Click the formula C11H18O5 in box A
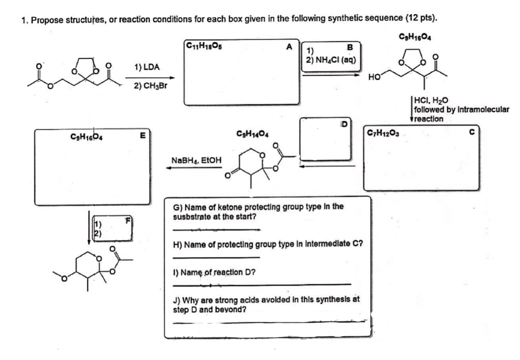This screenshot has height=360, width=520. [204, 45]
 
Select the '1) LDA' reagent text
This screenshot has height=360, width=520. [147, 67]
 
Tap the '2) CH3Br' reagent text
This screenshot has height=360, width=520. [150, 86]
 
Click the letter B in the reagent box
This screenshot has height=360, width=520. [350, 47]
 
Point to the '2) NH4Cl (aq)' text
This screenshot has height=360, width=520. [331, 60]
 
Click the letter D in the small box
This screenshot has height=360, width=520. [344, 124]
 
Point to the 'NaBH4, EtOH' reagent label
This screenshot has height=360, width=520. [196, 160]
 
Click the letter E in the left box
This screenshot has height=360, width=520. [142, 135]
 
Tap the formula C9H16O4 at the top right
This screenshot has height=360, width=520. [415, 36]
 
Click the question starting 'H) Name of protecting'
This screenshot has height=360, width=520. [268, 244]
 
